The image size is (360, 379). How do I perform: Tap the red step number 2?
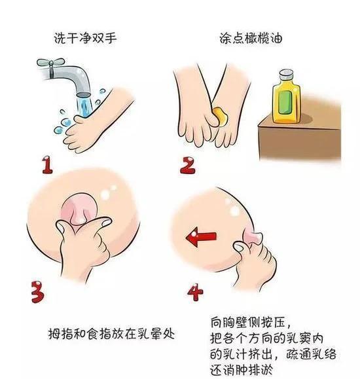(x=189, y=164)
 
